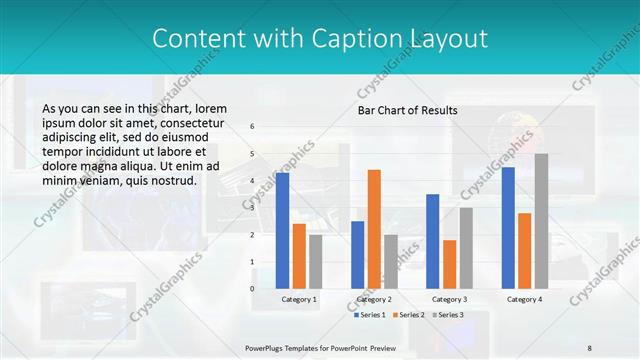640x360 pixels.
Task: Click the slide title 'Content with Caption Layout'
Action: pos(320,39)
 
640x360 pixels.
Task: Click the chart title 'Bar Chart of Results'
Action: pos(407,110)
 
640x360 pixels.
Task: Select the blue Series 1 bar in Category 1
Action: pos(283,231)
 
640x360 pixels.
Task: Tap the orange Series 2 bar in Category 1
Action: pos(299,256)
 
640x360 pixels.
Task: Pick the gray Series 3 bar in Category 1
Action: pos(315,262)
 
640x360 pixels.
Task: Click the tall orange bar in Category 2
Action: pos(374,229)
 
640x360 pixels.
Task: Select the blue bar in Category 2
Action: pos(358,255)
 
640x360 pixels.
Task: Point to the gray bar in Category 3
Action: pos(466,248)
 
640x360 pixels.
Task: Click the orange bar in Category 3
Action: pos(450,264)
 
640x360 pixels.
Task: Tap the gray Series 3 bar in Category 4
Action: pos(541,221)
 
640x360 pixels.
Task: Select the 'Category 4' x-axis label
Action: pos(524,299)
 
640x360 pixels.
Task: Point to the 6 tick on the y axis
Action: pos(252,127)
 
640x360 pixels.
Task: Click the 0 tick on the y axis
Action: pos(252,289)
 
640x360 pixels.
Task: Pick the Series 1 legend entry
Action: pos(371,315)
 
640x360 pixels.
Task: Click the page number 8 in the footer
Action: pos(589,348)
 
